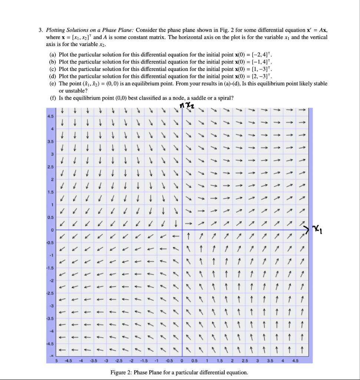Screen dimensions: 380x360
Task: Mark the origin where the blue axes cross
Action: pos(182,230)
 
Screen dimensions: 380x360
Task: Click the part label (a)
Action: pos(53,54)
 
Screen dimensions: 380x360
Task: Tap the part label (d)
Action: pos(53,76)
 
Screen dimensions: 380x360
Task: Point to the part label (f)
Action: pos(53,98)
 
